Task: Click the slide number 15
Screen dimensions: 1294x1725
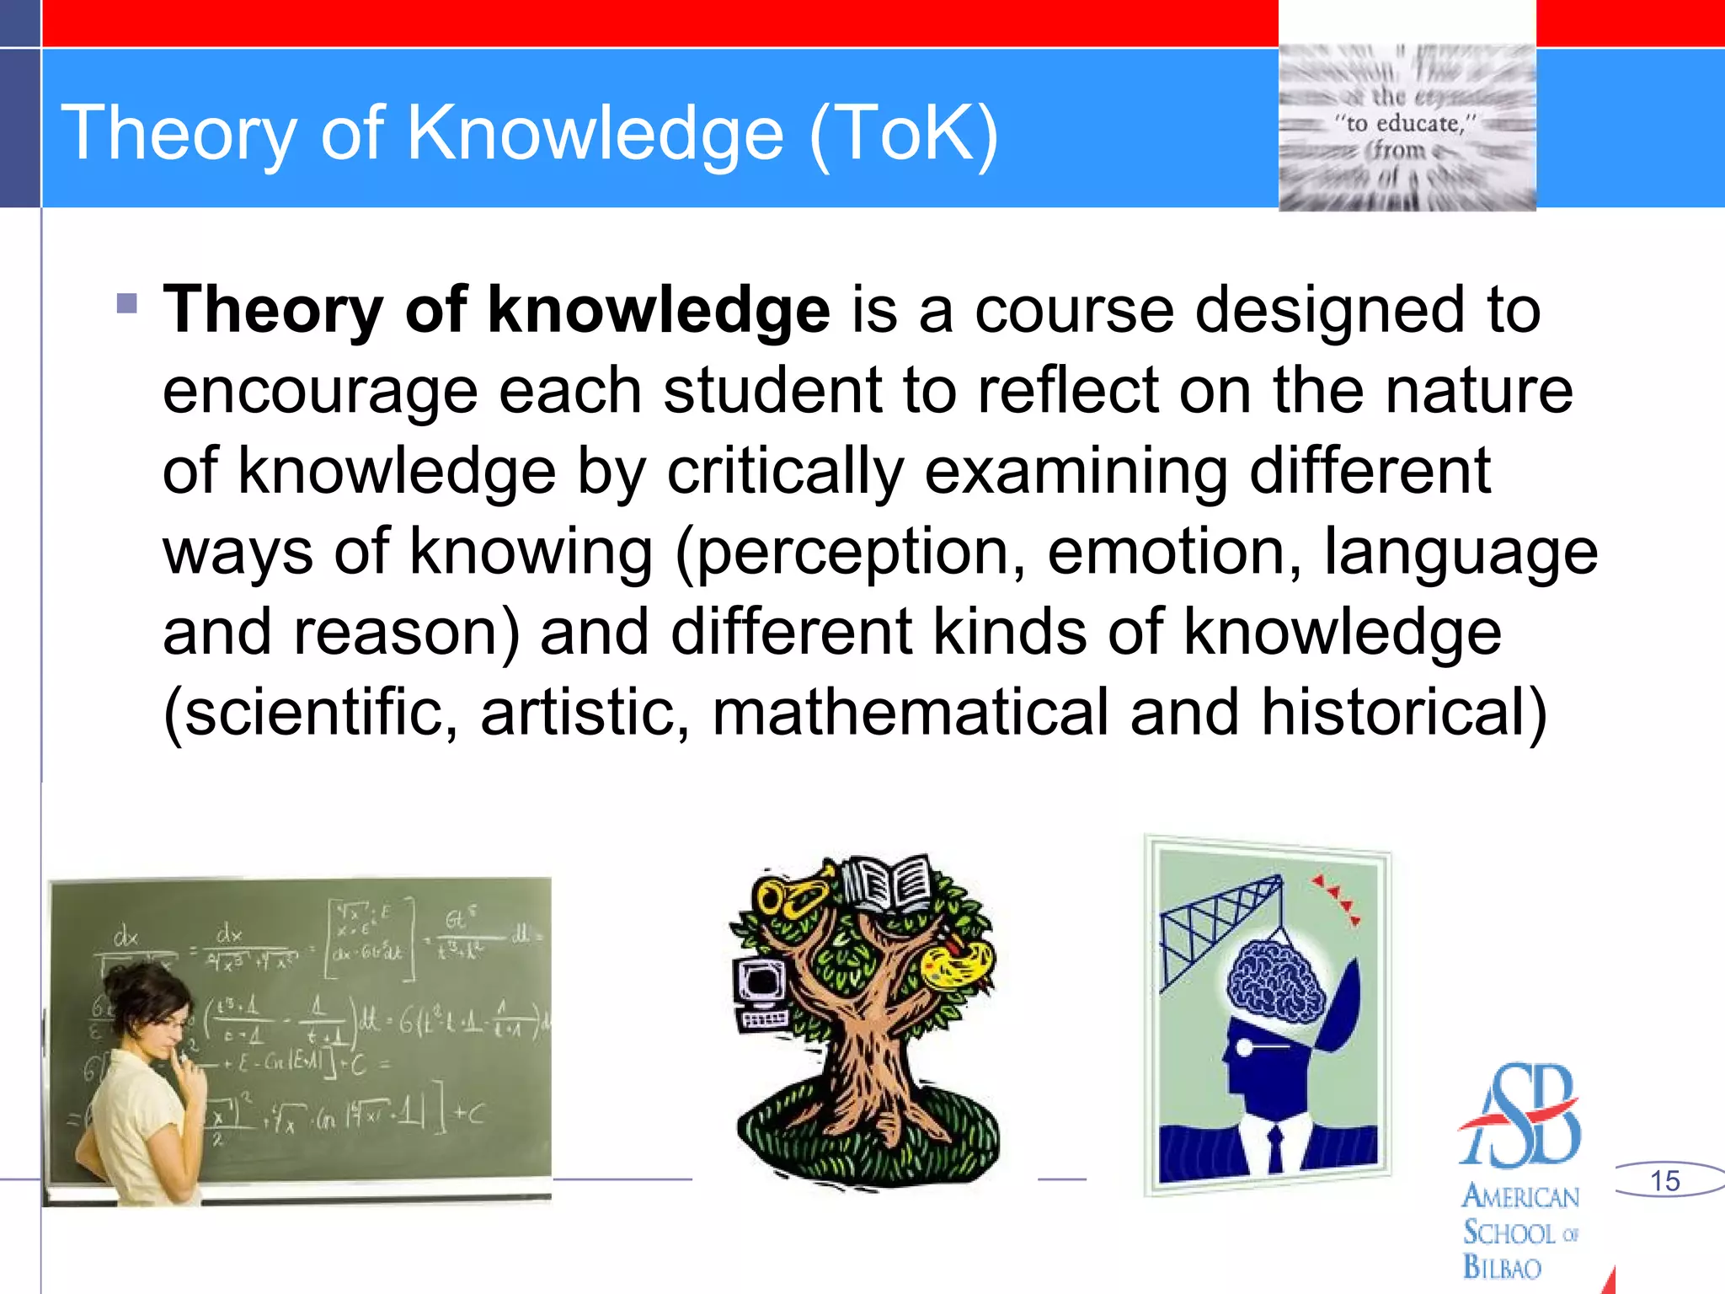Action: (x=1664, y=1180)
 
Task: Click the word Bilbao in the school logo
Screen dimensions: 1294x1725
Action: (x=1502, y=1267)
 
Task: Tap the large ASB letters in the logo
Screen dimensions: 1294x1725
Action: (x=1521, y=1116)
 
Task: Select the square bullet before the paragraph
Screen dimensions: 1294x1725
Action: (x=127, y=303)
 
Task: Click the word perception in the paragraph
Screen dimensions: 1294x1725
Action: (x=852, y=553)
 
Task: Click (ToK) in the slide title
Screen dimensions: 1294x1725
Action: (x=904, y=133)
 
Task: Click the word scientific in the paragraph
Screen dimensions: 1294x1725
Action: (x=311, y=713)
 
